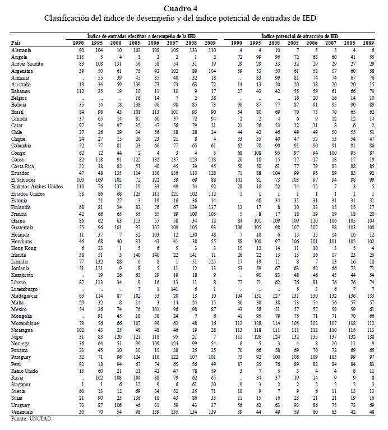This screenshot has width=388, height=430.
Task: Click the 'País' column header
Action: coord(16,43)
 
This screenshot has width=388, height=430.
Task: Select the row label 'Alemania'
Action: coord(21,50)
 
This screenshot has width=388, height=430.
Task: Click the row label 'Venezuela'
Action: coord(22,412)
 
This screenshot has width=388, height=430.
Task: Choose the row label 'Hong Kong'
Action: coord(23,248)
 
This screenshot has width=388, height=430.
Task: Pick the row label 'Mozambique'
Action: coord(25,323)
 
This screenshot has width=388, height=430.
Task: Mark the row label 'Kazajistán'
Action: coord(23,276)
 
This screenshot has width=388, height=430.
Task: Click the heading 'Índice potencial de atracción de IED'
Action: coord(300,35)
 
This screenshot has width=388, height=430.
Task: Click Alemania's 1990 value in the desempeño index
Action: coord(81,50)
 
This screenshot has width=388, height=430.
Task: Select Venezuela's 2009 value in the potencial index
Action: coord(369,412)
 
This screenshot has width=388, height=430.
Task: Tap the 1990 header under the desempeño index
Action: coord(80,43)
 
